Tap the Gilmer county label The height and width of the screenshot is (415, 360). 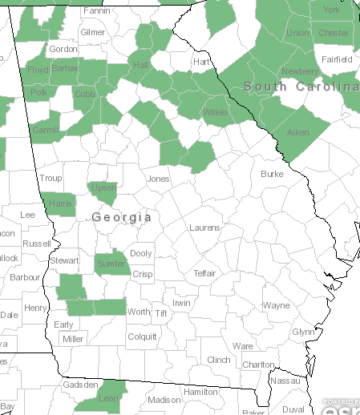pos(93,32)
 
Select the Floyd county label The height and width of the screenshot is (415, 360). pos(38,70)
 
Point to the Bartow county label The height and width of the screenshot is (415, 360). pos(66,69)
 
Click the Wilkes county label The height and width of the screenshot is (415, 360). pos(216,112)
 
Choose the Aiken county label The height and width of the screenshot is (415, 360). pos(297,132)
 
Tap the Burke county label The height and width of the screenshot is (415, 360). pos(273,174)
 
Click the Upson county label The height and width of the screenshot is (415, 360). pos(104,187)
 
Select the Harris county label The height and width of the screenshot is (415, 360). pos(61,203)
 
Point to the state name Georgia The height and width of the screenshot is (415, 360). pos(122,217)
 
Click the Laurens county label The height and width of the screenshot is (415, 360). pos(204,228)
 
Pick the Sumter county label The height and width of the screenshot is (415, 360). pos(110,263)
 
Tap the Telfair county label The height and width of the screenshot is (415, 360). pos(205,273)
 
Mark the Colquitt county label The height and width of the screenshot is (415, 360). pos(143,337)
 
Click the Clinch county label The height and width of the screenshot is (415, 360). pos(219,361)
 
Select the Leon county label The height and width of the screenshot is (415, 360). pos(107,398)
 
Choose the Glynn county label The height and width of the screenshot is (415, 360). pos(303,332)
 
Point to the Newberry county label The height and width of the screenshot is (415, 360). pos(299,71)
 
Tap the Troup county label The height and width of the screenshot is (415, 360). pos(51,178)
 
